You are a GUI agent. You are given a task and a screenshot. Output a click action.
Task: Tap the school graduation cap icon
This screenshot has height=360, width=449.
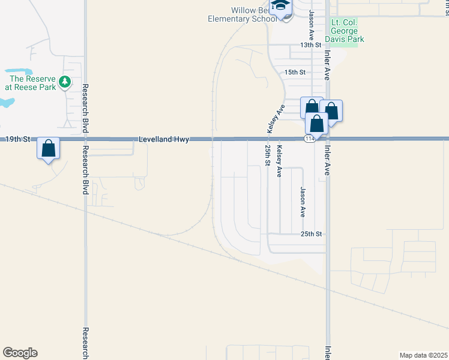[279, 7]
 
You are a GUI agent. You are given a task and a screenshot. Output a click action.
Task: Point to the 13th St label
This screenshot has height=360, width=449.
[312, 45]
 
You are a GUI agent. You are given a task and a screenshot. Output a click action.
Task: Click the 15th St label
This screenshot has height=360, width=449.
[295, 72]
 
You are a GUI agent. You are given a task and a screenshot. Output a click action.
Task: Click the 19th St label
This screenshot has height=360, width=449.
[17, 139]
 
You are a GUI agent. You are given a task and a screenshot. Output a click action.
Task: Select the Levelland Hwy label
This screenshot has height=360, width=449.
[164, 139]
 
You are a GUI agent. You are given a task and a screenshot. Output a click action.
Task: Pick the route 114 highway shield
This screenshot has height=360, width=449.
[309, 139]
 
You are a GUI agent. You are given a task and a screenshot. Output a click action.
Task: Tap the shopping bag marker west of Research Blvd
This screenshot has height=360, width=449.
[48, 148]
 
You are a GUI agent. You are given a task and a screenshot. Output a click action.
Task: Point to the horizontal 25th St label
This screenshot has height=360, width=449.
[312, 233]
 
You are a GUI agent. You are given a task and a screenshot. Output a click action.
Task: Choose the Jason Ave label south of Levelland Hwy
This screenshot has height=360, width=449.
[303, 202]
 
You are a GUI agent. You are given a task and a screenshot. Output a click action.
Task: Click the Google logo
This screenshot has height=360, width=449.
[20, 353]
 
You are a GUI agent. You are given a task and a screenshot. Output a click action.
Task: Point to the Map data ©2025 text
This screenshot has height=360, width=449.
[423, 355]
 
